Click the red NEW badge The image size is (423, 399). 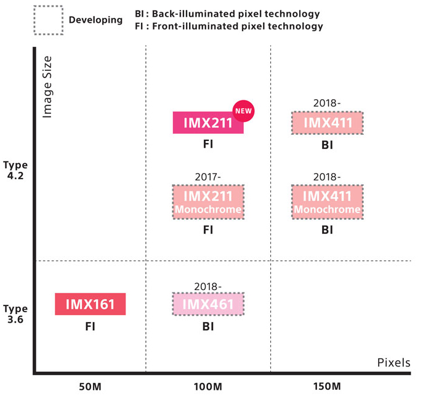243,111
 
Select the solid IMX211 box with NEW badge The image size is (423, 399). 207,123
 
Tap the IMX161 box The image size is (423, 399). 91,304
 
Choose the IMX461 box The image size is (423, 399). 208,304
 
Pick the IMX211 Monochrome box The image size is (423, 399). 208,201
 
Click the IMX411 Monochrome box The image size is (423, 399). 327,201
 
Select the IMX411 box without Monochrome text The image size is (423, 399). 327,123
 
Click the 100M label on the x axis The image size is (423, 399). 208,386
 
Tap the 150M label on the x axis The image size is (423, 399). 327,386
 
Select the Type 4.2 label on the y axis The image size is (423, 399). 15,171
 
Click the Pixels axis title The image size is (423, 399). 393,363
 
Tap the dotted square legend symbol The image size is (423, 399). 47,20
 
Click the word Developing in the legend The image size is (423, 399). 95,20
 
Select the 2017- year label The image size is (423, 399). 208,177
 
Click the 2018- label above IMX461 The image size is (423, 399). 208,286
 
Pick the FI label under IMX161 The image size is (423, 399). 90,326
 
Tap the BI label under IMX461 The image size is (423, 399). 208,326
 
